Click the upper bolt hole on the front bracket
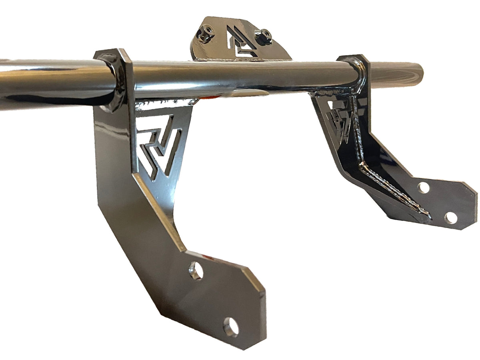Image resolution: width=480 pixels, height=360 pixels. [196, 271]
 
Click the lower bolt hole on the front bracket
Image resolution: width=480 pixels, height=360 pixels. [231, 328]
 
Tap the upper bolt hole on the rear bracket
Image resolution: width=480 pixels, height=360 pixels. [423, 187]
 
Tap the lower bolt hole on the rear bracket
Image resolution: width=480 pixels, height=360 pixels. [451, 218]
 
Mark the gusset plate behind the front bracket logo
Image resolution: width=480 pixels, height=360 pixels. [182, 120]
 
